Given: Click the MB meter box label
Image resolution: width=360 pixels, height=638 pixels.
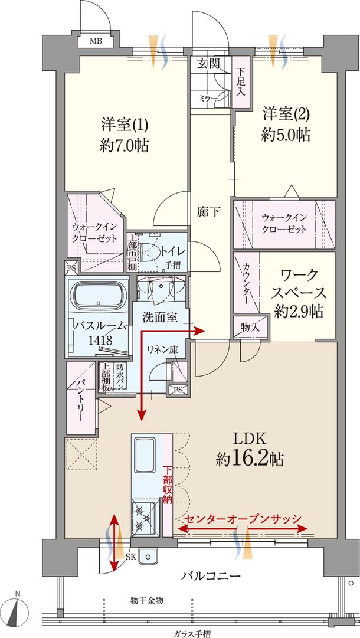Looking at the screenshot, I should [95, 41].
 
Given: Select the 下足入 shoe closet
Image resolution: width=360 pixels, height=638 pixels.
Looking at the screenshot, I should [240, 82].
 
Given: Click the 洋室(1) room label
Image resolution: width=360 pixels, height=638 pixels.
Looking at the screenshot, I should [124, 125].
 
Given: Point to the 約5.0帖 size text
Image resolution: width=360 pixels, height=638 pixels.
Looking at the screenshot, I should [286, 134].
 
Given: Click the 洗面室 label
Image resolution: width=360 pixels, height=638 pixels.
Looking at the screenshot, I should [159, 316].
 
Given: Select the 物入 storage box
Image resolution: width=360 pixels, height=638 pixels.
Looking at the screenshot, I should [246, 326].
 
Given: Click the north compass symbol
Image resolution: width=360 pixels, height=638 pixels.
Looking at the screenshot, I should [18, 610].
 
